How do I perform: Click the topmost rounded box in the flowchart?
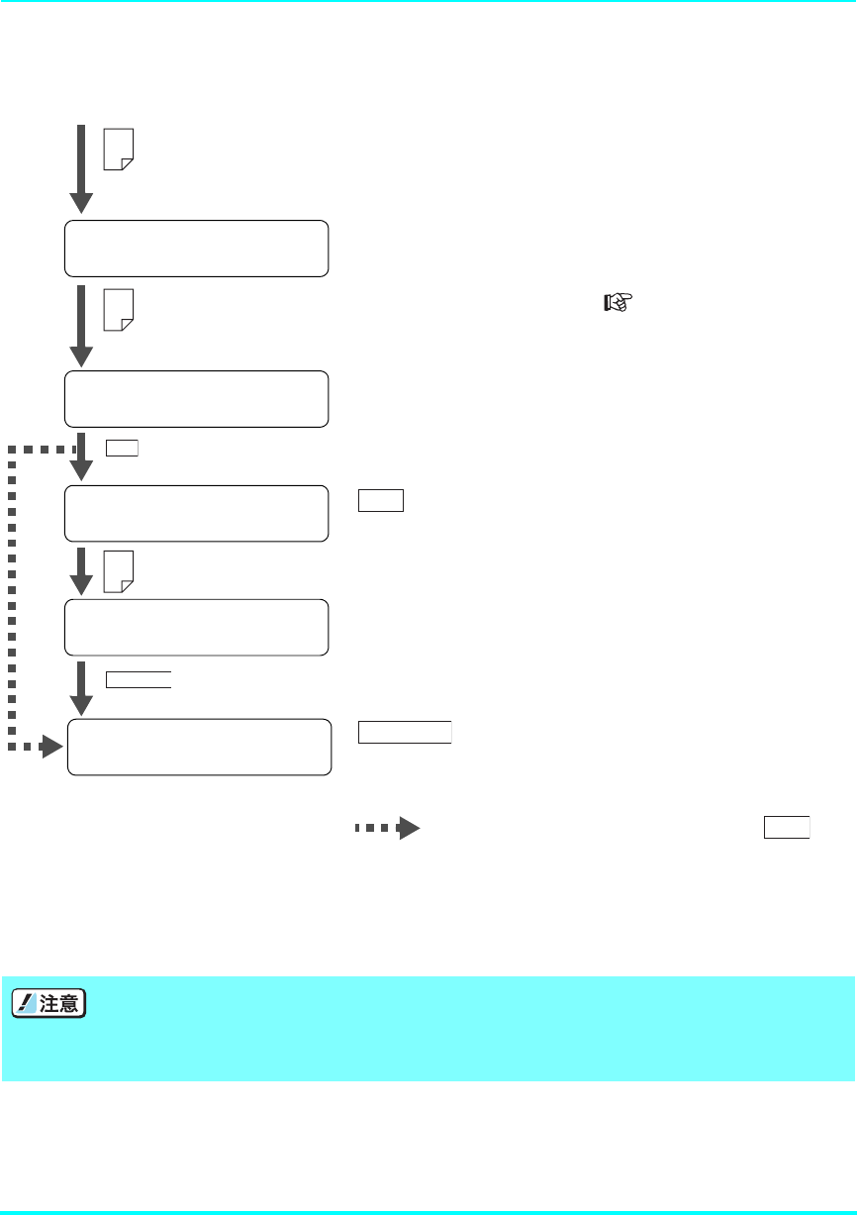[x=196, y=249]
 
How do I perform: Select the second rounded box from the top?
[x=196, y=399]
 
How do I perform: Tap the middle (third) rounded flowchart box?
[x=196, y=513]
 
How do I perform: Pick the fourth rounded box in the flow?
[x=196, y=627]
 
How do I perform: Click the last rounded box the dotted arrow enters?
[x=198, y=747]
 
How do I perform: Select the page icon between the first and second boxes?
[x=119, y=309]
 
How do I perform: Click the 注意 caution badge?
[x=46, y=1003]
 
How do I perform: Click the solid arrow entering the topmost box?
[x=82, y=168]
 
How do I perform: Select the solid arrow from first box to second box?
[x=82, y=325]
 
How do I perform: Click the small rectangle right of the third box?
[x=381, y=500]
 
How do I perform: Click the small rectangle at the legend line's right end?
[x=787, y=827]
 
